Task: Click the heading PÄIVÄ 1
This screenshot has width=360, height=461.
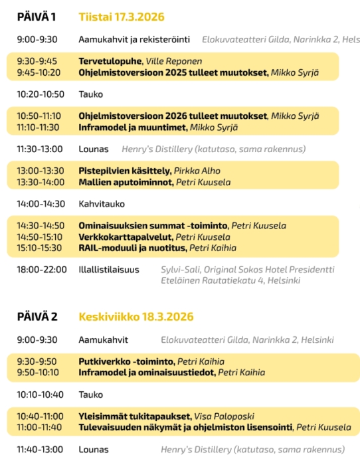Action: [36, 17]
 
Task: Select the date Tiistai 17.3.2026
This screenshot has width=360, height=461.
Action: [121, 17]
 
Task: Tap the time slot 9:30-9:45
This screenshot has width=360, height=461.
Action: [37, 61]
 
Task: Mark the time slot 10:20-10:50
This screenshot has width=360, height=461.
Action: [41, 94]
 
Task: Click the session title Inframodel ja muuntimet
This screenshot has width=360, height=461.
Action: [132, 128]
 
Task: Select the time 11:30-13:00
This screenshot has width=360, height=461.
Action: [40, 149]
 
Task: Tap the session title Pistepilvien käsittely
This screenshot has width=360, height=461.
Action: [124, 171]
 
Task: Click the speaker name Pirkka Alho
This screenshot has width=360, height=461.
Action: [198, 171]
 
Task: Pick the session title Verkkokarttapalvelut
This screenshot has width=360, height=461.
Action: [125, 237]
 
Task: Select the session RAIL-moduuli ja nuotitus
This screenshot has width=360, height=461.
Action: [132, 248]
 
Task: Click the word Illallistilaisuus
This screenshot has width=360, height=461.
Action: [109, 270]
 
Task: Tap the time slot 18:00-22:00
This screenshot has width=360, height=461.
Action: [41, 270]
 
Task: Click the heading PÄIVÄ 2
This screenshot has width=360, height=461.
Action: [37, 316]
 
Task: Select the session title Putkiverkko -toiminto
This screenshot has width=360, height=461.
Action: [126, 361]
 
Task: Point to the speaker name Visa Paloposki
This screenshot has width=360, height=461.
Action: [226, 416]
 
